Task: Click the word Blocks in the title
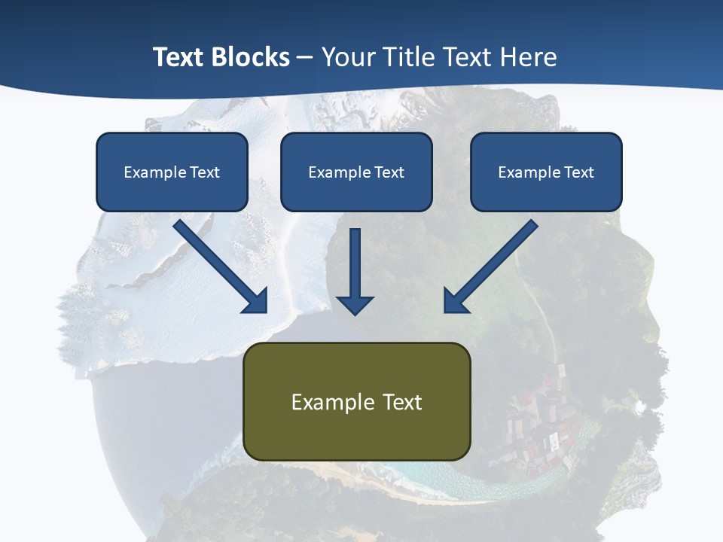point(250,57)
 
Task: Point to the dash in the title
point(305,58)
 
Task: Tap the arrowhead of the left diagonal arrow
point(256,302)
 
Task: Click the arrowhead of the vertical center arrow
point(355,304)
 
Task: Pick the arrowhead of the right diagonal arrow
point(455,302)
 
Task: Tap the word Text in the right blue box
point(578,172)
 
